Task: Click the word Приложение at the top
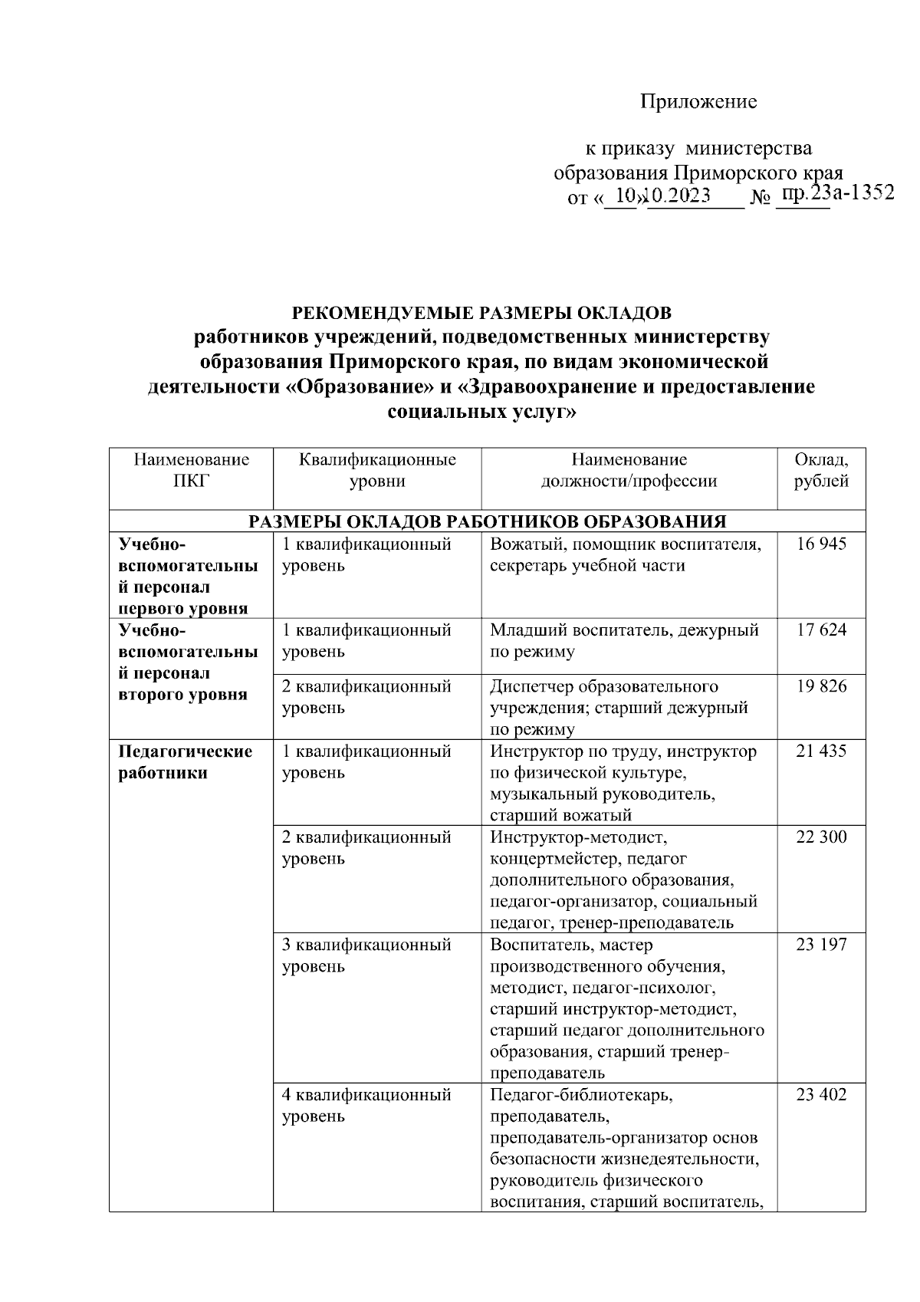click(x=698, y=102)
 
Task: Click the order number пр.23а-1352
click(x=836, y=193)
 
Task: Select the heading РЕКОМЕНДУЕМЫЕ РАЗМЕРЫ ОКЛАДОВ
click(x=481, y=314)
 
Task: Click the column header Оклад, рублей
click(x=821, y=470)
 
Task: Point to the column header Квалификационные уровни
click(x=377, y=470)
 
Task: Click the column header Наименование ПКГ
click(x=191, y=470)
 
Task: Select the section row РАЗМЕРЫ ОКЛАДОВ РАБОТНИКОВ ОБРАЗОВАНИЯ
click(x=487, y=521)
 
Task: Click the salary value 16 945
click(x=821, y=544)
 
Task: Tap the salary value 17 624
click(x=821, y=630)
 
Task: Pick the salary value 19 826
click(x=821, y=686)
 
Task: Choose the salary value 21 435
click(x=821, y=751)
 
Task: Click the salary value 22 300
click(x=821, y=837)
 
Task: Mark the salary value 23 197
click(x=821, y=945)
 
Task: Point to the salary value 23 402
click(x=821, y=1095)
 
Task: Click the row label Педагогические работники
click(x=185, y=762)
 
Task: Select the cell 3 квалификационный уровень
click(x=366, y=955)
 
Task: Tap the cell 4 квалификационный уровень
click(x=366, y=1106)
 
